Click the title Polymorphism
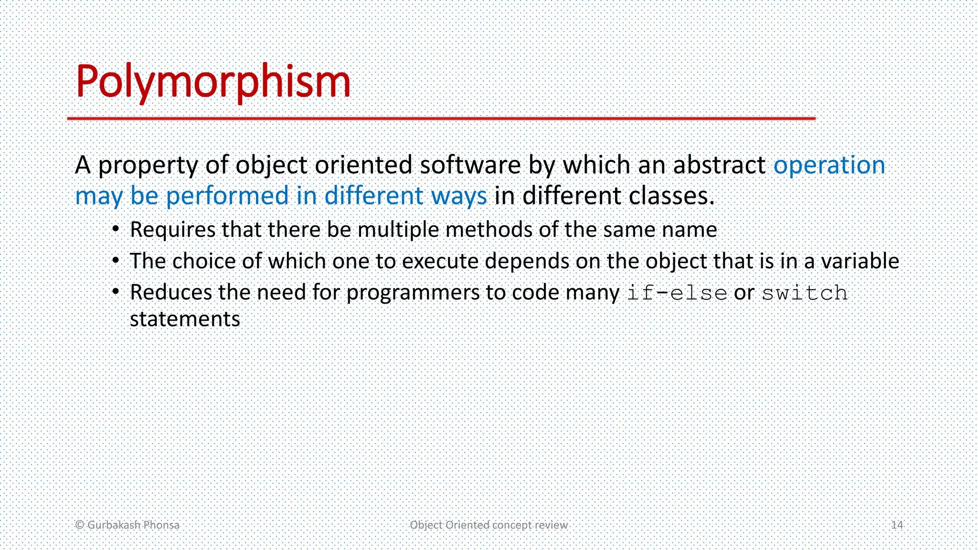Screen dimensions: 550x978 213,82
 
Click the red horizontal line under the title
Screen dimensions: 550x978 441,118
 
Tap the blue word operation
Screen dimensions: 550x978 829,165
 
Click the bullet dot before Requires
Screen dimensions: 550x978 116,230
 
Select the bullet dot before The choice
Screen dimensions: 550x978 116,261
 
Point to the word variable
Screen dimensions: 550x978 860,261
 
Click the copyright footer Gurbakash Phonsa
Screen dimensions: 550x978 128,525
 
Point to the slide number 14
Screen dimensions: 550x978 897,525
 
